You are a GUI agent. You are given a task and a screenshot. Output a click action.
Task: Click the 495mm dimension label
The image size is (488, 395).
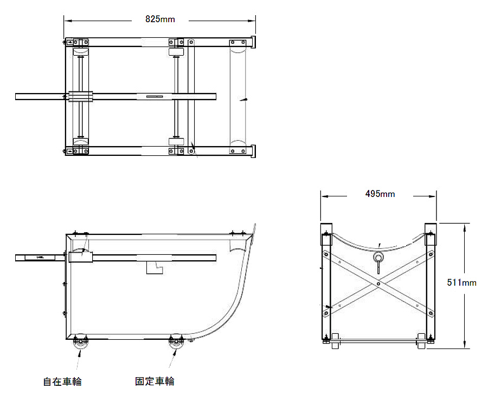pyautogui.click(x=380, y=194)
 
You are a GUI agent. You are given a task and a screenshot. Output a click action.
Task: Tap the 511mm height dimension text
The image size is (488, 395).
pyautogui.click(x=461, y=282)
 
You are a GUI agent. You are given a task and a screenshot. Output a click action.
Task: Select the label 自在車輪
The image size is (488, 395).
pyautogui.click(x=62, y=381)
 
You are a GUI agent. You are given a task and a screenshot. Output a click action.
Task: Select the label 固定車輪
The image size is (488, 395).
pyautogui.click(x=155, y=381)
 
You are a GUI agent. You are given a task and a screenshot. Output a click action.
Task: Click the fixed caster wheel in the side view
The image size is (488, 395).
pyautogui.click(x=176, y=345)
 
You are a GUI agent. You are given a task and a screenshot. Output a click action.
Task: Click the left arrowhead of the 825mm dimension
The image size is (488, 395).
pyautogui.click(x=66, y=21)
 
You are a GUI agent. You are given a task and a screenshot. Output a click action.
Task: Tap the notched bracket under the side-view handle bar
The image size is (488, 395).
pyautogui.click(x=155, y=267)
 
